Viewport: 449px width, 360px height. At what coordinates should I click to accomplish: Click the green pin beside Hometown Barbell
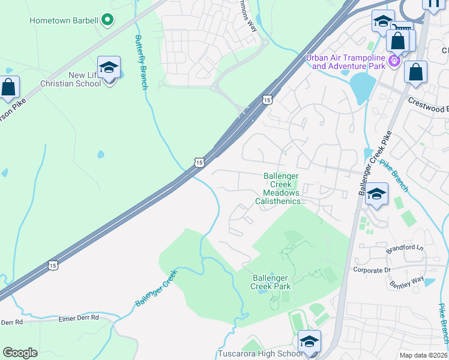[107, 20]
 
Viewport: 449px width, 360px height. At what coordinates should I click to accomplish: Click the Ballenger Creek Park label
[271, 282]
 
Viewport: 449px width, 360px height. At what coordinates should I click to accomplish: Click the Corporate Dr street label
[372, 270]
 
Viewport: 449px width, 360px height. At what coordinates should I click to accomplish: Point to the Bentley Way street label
[406, 281]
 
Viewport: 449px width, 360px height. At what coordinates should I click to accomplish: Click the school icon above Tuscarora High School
[309, 341]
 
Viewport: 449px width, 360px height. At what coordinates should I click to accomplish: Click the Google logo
[20, 353]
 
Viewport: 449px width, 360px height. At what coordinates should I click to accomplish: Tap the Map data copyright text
[423, 355]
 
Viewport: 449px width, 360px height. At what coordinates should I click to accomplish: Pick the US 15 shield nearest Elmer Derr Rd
[53, 265]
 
